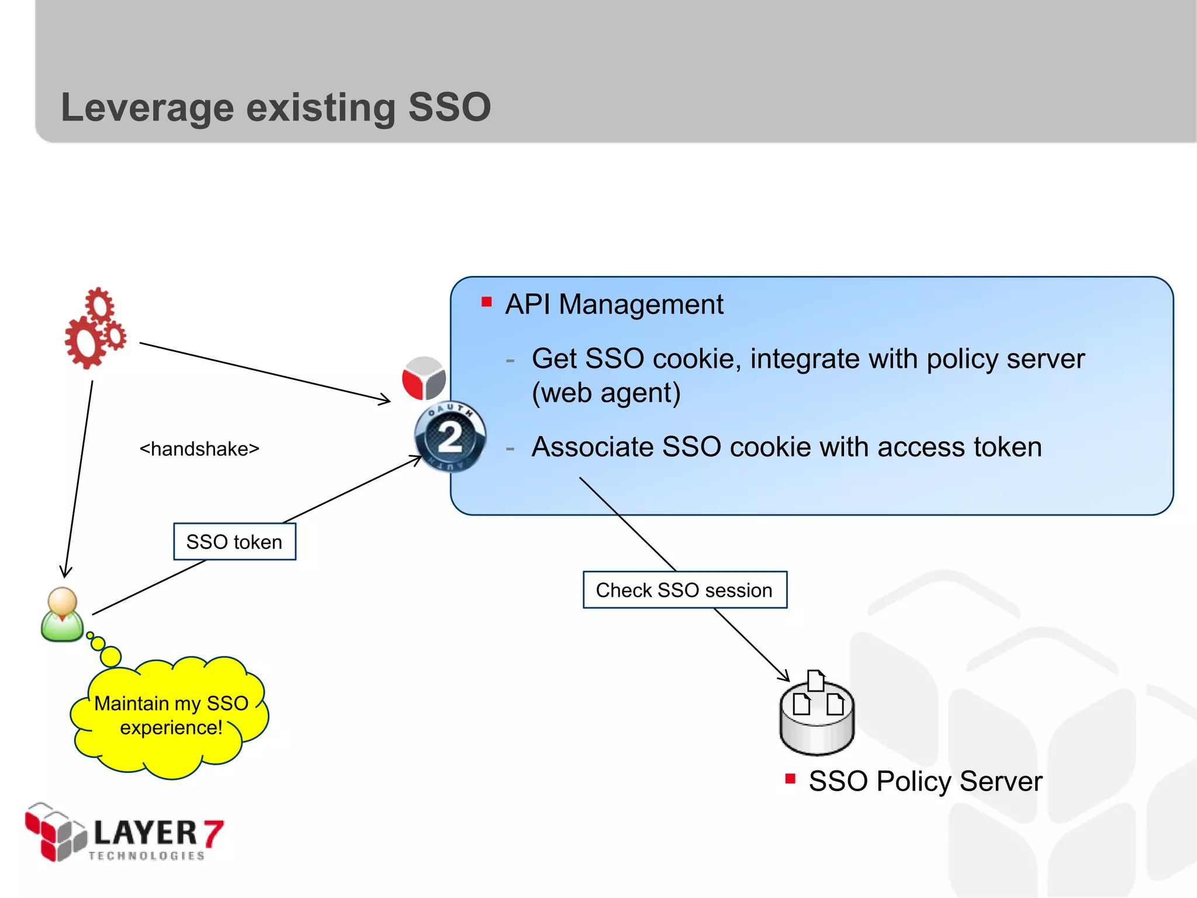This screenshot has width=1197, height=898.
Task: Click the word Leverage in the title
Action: click(147, 108)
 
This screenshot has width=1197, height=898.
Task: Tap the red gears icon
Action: click(95, 329)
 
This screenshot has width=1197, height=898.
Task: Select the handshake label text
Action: click(199, 449)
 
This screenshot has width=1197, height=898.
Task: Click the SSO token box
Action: click(234, 542)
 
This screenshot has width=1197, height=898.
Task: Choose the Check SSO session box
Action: click(684, 590)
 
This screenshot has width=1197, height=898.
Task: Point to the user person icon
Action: click(62, 615)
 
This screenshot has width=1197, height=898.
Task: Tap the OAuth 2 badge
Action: click(449, 437)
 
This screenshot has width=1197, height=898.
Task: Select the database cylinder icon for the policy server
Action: click(817, 716)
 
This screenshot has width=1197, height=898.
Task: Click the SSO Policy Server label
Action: click(925, 781)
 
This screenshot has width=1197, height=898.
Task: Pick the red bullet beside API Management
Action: click(486, 302)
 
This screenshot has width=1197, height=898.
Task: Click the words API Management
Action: click(614, 305)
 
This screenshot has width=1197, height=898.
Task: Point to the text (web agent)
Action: click(606, 393)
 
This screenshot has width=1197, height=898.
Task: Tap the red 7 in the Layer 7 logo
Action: click(213, 833)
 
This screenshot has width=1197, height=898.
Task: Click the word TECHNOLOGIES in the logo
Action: click(147, 856)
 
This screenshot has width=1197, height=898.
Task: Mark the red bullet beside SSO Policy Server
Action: click(790, 779)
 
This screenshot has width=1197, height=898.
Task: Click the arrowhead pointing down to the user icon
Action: click(66, 571)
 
